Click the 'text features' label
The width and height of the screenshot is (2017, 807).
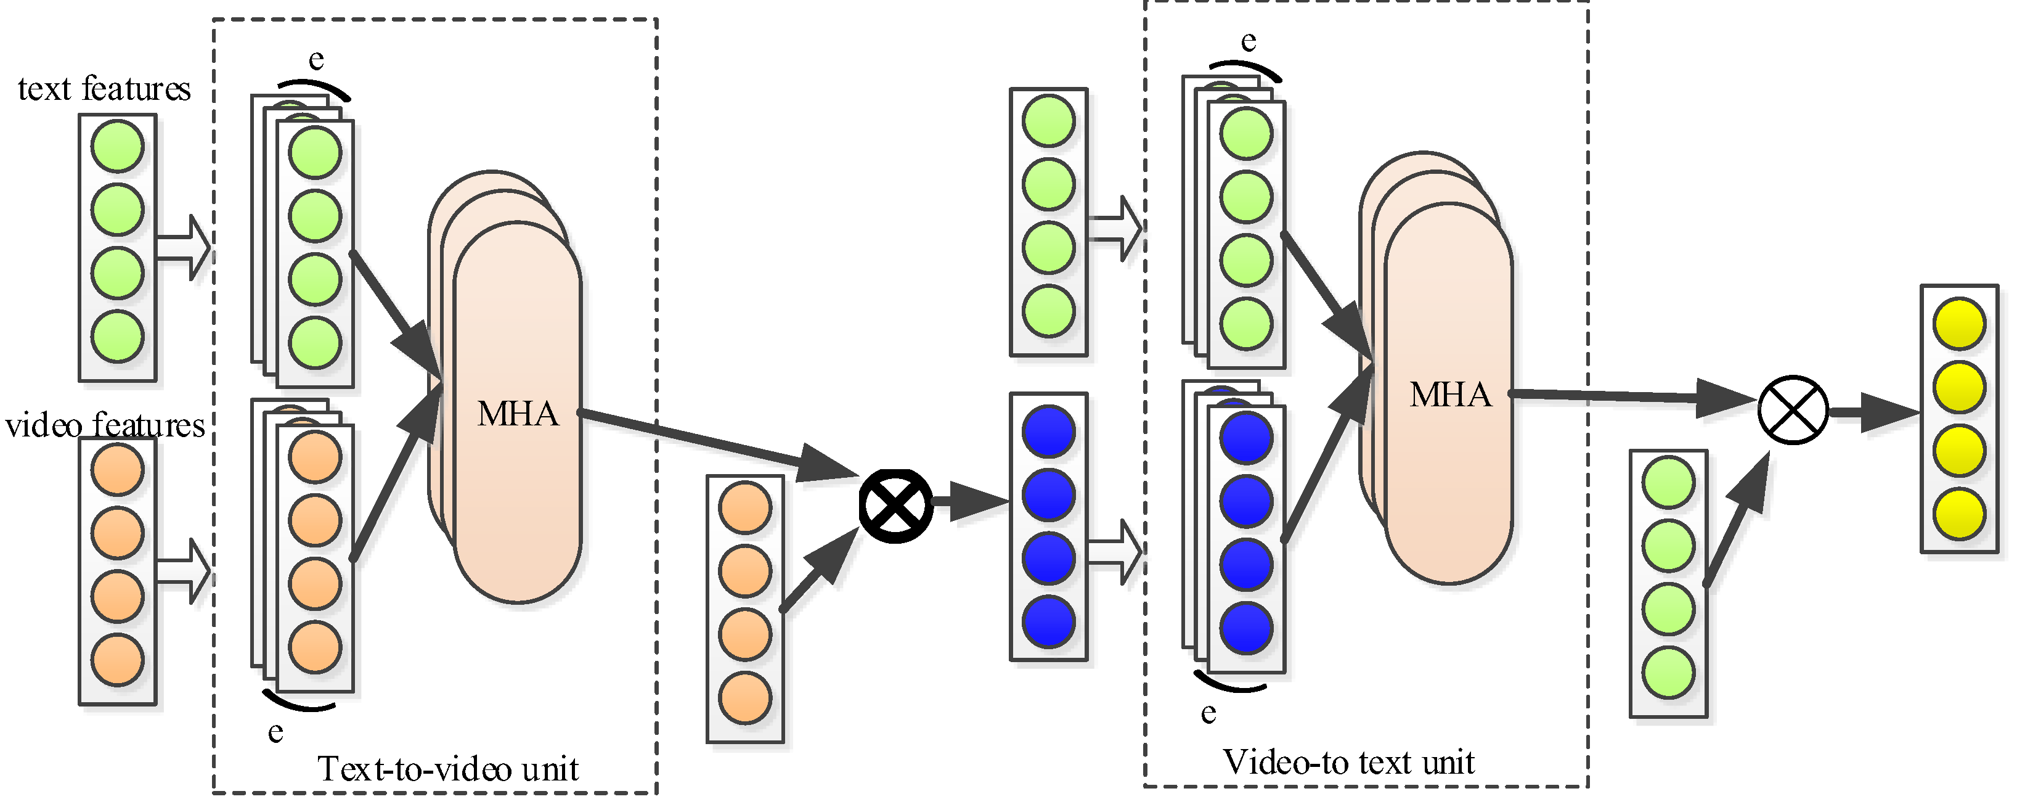tap(104, 89)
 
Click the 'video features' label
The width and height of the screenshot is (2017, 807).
tap(105, 425)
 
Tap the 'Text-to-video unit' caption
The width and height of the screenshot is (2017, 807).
tap(448, 769)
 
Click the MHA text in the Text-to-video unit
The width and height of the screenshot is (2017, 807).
tap(518, 414)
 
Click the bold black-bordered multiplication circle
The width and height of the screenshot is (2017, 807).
tap(896, 506)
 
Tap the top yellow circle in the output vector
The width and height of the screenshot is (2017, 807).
tap(1958, 324)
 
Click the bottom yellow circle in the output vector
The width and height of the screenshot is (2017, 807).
tap(1958, 514)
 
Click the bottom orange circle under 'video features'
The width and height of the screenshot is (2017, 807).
tap(118, 660)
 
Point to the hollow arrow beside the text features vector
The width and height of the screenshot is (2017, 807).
tap(184, 248)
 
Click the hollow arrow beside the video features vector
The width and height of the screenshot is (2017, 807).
tap(184, 571)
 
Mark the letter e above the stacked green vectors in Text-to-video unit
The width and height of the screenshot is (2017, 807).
tap(316, 60)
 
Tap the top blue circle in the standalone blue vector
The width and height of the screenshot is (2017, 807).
tap(1048, 431)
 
